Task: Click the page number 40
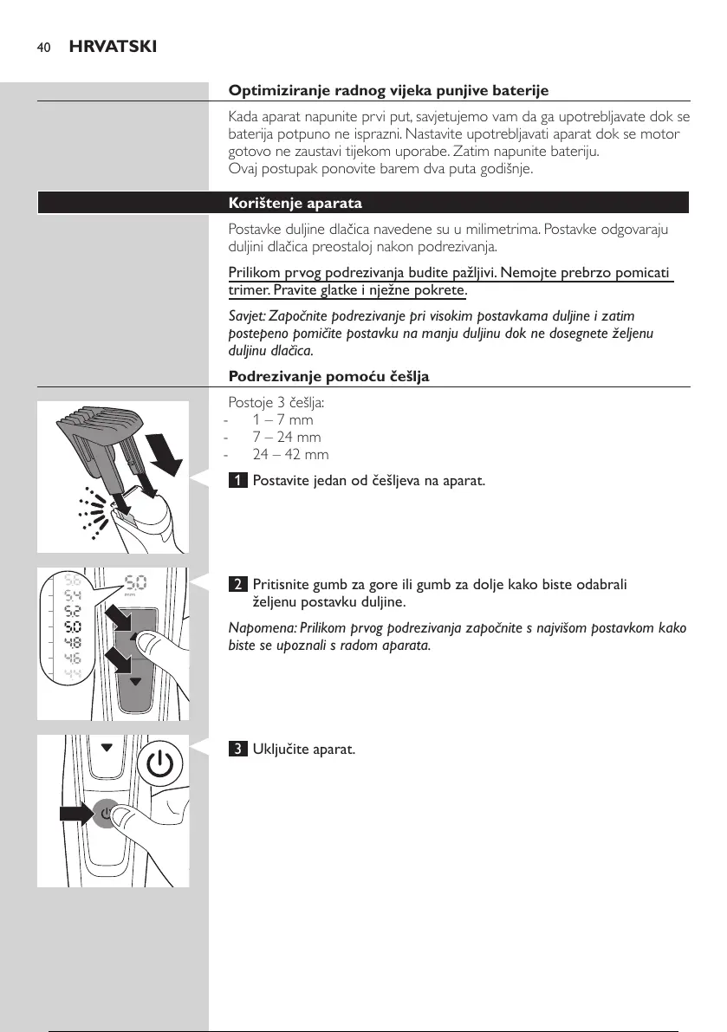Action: tap(42, 47)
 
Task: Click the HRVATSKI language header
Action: tap(107, 46)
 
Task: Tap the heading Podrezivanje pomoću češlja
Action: tap(328, 376)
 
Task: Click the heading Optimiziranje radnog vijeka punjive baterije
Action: tap(388, 90)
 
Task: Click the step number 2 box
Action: tap(237, 584)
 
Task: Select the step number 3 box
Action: tap(237, 749)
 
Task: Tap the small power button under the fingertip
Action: tap(106, 814)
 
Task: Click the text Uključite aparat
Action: tap(303, 749)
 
